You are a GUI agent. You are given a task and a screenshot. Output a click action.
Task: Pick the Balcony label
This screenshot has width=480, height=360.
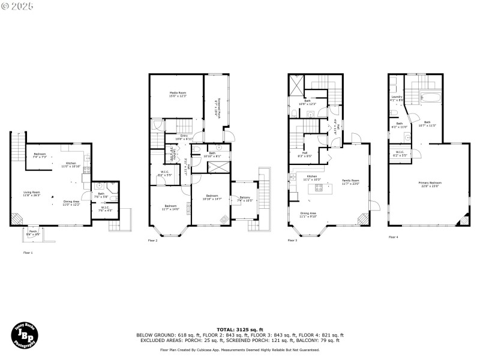(x=244, y=197)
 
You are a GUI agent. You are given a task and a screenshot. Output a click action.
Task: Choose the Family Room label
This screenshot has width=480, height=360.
(x=351, y=181)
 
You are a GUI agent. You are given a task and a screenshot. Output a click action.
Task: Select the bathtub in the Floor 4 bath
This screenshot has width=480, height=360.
(x=430, y=95)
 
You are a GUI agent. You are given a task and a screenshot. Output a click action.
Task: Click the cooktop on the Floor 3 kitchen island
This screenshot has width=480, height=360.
(x=319, y=190)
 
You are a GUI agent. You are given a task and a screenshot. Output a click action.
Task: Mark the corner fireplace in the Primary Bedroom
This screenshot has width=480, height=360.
(x=463, y=221)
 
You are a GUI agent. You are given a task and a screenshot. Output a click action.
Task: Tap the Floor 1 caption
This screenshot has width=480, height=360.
(x=28, y=253)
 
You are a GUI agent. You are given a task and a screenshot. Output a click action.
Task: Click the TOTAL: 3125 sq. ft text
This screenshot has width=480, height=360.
(x=240, y=329)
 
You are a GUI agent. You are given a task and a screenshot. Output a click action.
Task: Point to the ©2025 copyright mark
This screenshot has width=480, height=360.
(x=17, y=6)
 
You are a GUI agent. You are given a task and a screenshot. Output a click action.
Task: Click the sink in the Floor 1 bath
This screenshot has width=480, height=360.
(x=100, y=187)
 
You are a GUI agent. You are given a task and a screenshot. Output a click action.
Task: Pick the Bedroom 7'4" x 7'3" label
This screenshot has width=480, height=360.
(x=40, y=155)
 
